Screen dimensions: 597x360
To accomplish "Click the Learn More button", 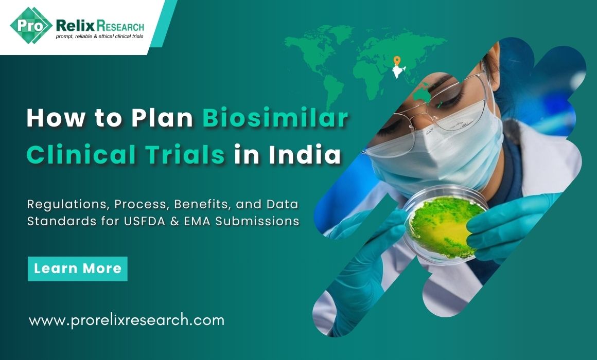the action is [78, 268].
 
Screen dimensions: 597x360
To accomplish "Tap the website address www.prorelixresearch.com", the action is [127, 320].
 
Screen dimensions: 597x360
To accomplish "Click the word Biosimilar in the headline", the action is [275, 118].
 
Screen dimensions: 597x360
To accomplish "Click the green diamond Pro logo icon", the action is [31, 26].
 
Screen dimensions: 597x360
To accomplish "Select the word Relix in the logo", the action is [75, 26].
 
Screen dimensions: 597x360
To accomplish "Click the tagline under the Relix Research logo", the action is [100, 37].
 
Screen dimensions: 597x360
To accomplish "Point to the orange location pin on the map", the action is [397, 61].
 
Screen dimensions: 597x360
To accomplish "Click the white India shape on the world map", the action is [398, 71].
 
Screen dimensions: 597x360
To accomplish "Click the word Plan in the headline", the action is [162, 118].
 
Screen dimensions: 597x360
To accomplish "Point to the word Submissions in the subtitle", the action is [257, 221].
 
